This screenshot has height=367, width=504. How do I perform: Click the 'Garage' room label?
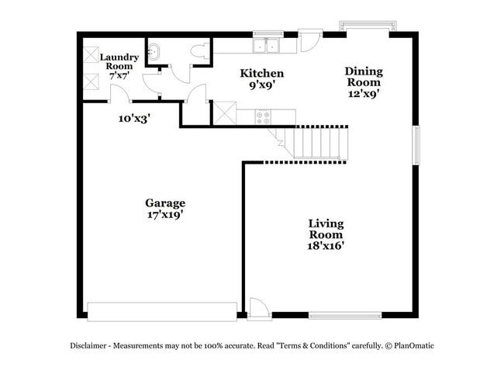[x=165, y=203]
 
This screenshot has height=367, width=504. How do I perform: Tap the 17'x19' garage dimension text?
[x=165, y=215]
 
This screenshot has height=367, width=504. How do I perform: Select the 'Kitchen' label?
[x=261, y=74]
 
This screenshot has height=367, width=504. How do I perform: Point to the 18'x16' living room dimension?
[x=326, y=245]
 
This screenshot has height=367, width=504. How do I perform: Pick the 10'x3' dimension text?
[x=134, y=119]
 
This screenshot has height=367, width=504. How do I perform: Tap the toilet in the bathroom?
[x=199, y=53]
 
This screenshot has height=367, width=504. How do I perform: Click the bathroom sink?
[x=154, y=53]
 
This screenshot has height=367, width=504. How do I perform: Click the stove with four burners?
[x=263, y=117]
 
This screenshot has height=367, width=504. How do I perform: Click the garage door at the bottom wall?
[x=163, y=311]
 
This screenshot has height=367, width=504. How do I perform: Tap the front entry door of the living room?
[x=259, y=309]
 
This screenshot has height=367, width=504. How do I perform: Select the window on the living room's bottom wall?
[x=345, y=315]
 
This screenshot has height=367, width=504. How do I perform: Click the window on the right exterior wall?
[x=416, y=145]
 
